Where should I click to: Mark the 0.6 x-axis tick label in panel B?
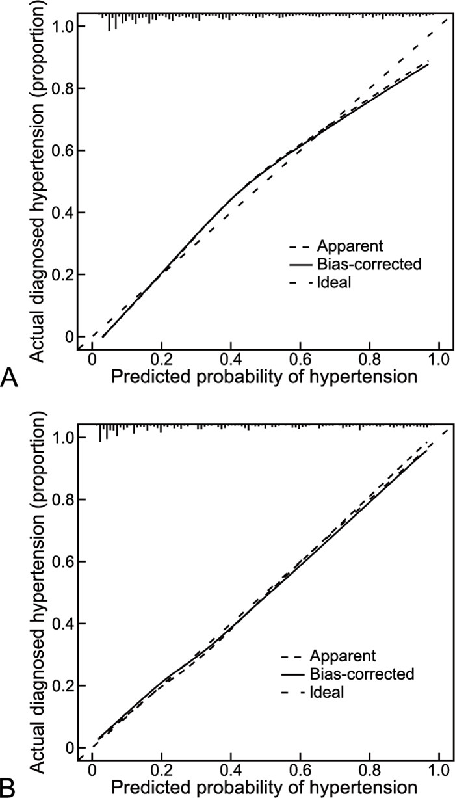(x=300, y=769)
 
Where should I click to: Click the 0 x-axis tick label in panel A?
(x=92, y=359)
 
